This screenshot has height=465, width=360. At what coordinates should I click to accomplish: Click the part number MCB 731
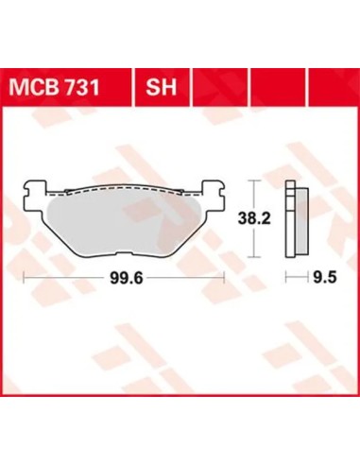54,87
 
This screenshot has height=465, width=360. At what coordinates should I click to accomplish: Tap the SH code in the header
161,87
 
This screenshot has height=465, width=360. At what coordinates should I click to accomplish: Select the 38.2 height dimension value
254,218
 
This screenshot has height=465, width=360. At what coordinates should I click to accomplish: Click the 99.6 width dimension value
127,278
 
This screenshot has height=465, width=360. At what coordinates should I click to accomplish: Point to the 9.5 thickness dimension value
325,278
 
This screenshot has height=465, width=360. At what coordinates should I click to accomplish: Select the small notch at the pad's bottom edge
125,253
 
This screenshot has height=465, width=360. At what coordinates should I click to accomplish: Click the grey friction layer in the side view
302,221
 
